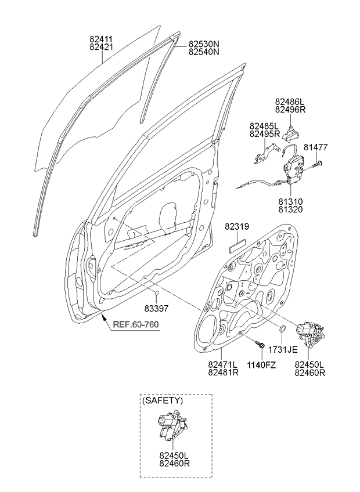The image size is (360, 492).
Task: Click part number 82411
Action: pos(100,39)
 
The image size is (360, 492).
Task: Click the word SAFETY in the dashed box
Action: pos(163,400)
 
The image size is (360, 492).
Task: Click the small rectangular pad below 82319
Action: pos(236,244)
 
